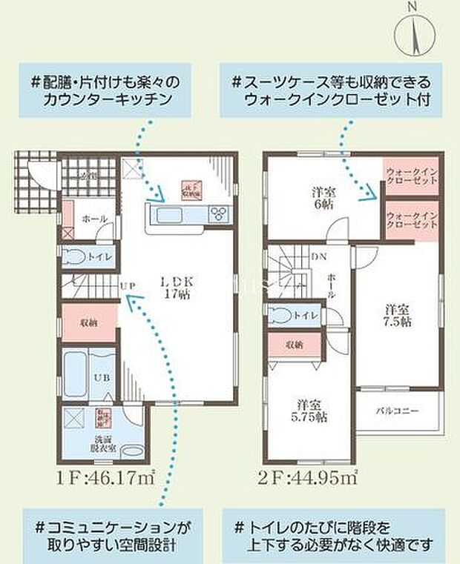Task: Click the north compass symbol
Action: tap(413, 33)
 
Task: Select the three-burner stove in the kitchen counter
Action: tap(220, 215)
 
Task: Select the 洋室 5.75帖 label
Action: tap(309, 413)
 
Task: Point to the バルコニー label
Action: tap(401, 410)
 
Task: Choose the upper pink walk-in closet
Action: tap(411, 176)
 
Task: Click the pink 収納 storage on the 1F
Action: tap(88, 322)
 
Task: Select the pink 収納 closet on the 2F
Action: tap(295, 344)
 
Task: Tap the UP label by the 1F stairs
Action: tap(127, 285)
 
